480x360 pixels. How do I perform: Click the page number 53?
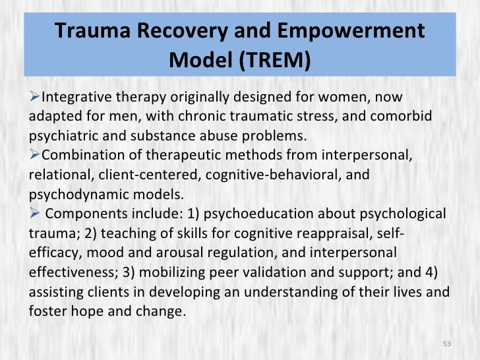tap(446, 344)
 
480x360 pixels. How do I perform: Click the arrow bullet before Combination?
tap(36, 156)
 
